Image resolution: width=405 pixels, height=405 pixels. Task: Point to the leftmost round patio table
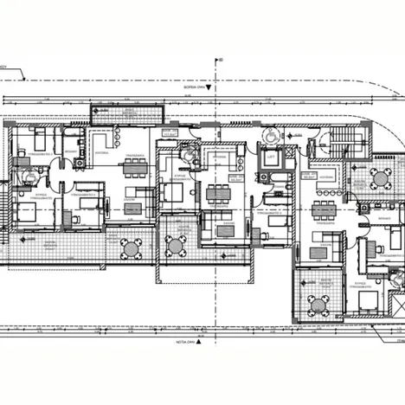coord(130,249)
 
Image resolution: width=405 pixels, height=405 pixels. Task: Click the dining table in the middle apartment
coord(215,192)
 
